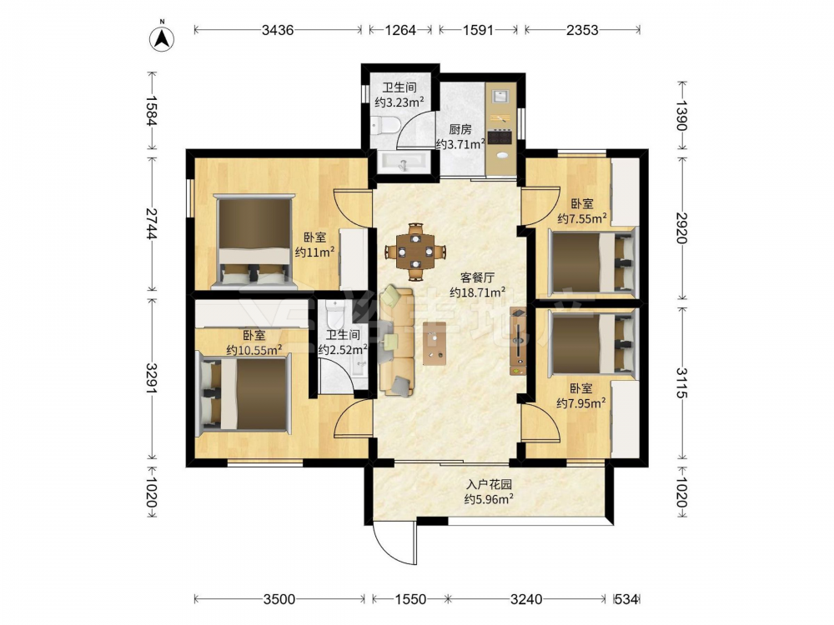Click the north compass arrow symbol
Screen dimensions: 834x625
point(163,37)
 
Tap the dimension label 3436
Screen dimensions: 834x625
point(278,30)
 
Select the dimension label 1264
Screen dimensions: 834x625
point(400,30)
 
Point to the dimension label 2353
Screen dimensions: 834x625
point(582,30)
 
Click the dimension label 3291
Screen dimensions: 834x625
point(152,378)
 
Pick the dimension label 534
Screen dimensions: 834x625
point(626,599)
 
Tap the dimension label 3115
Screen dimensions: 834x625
point(682,382)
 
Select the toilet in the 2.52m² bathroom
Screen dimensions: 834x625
point(334,313)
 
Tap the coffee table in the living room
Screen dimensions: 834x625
point(435,342)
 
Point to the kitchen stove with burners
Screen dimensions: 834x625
point(500,137)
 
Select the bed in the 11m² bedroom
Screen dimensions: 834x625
point(254,242)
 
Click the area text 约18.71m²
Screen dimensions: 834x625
point(477,292)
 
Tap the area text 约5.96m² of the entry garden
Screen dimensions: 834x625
point(489,498)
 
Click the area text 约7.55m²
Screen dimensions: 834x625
point(582,217)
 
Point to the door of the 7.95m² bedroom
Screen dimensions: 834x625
point(541,422)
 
